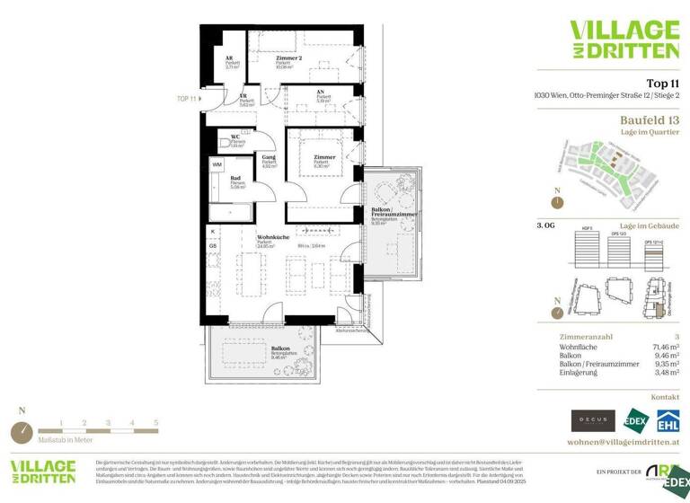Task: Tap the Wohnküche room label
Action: point(270,237)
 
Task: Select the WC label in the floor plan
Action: point(234,137)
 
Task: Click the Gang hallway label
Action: point(268,157)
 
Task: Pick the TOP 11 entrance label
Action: point(187,98)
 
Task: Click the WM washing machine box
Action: point(217,165)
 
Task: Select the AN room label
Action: point(321,92)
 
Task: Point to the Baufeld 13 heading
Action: point(649,119)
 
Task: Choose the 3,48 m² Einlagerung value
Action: point(663,371)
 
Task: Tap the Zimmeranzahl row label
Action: point(584,335)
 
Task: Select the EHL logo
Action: point(666,420)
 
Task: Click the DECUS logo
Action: point(593,420)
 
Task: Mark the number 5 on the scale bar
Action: point(155,421)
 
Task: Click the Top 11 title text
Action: point(662,82)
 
